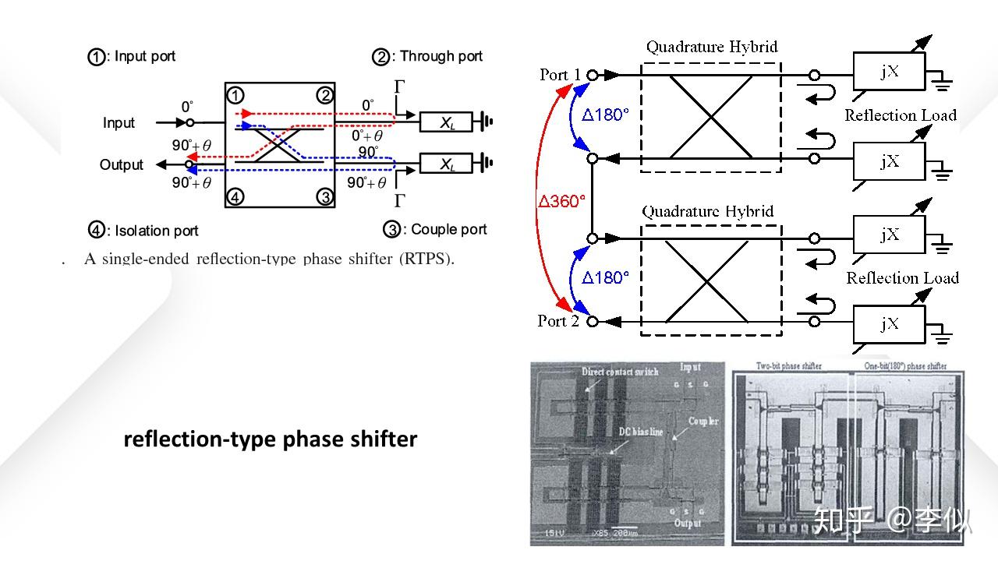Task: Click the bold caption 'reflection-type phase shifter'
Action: pos(270,439)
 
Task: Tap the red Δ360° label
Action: pos(561,201)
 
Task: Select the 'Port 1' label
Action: pos(560,75)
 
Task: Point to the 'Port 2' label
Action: pos(558,321)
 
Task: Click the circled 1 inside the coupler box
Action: pos(235,96)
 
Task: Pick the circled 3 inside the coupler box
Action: pos(325,197)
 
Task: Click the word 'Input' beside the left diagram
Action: pos(119,123)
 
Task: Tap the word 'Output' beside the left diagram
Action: pos(121,164)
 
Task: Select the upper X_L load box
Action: pos(446,122)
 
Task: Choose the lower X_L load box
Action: pos(446,164)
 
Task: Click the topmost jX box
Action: pos(889,72)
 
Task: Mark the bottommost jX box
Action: pos(889,323)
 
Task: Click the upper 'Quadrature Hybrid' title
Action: pos(711,47)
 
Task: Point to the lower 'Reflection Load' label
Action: pos(902,278)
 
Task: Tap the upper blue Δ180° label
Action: pos(605,115)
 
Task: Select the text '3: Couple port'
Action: pos(435,230)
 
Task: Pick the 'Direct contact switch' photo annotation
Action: pos(620,372)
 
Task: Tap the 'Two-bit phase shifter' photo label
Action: pos(788,366)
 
